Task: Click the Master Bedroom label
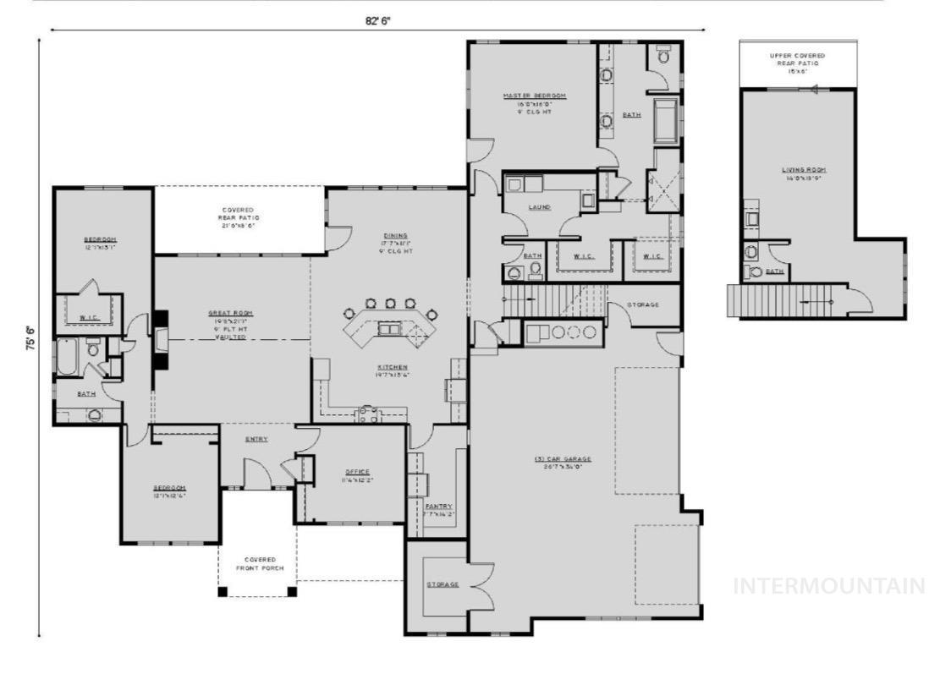[x=534, y=96]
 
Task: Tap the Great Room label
[x=230, y=314]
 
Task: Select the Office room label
[x=357, y=472]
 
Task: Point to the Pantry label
[x=438, y=507]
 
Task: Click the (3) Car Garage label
[x=563, y=459]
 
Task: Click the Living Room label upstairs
[x=798, y=170]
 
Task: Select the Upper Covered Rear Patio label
[x=797, y=55]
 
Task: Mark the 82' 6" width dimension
[x=378, y=21]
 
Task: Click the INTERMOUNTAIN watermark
[x=828, y=586]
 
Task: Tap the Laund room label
[x=539, y=207]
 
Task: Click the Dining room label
[x=394, y=236]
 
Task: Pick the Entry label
[x=257, y=439]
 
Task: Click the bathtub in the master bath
[x=667, y=119]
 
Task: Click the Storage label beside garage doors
[x=442, y=584]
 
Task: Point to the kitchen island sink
[x=389, y=329]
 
